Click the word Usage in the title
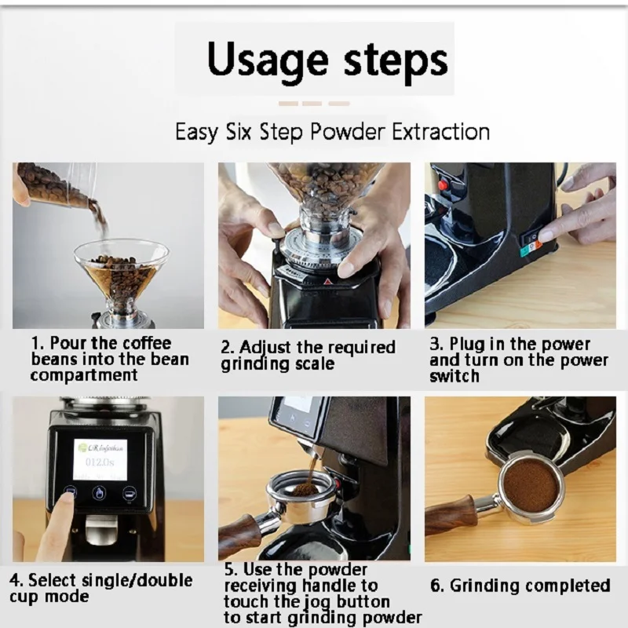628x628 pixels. tap(267, 60)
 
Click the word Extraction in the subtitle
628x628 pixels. tap(440, 131)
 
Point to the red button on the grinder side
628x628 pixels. tap(443, 184)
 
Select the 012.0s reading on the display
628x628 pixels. tap(100, 462)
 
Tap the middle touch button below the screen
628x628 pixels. tap(100, 493)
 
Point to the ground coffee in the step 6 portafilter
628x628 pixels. tap(531, 487)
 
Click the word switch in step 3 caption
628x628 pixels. tap(455, 376)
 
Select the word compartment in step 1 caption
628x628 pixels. tap(84, 375)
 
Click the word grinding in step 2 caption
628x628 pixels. tap(256, 364)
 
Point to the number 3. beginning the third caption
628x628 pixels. tap(436, 344)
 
